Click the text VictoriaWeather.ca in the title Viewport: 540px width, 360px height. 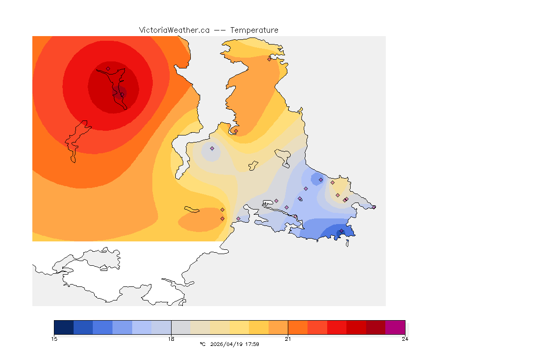point(174,30)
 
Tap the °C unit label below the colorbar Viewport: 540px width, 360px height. point(202,344)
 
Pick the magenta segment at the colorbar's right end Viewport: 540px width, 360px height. point(395,327)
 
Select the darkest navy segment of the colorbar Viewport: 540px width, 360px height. point(64,327)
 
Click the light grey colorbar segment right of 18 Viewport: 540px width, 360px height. point(181,327)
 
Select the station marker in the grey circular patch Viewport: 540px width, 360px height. point(212,148)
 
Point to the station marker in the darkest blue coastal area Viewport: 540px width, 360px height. point(341,231)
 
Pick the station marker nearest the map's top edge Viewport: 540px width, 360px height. point(270,59)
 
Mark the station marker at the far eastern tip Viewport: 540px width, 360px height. point(374,207)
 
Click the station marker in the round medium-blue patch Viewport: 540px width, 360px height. point(321,180)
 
